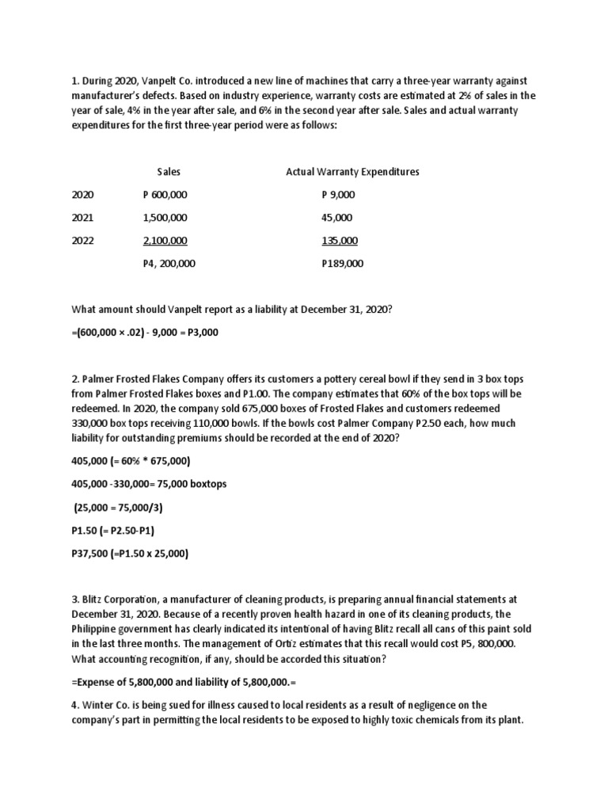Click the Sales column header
click(x=169, y=171)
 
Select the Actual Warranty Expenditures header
click(x=351, y=171)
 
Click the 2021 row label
click(x=82, y=218)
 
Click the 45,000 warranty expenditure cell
click(x=337, y=218)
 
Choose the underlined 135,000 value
click(x=340, y=241)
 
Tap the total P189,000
click(x=342, y=265)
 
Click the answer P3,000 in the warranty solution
click(x=202, y=333)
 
